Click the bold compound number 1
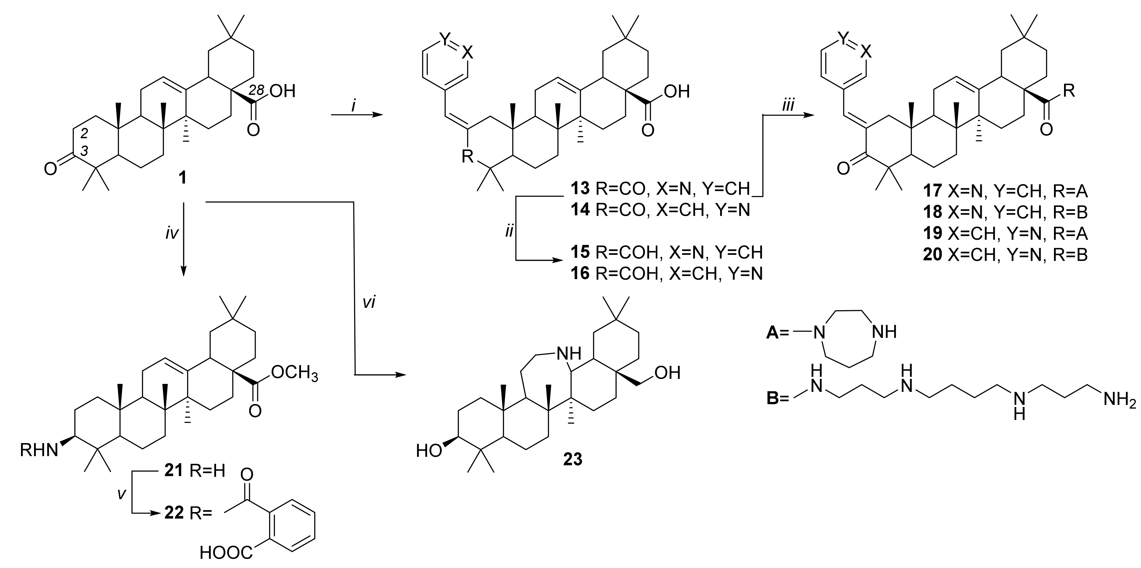coord(182,178)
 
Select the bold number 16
coord(580,274)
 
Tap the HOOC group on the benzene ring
coord(226,553)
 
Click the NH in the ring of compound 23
coord(568,353)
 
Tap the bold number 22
coord(174,514)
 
